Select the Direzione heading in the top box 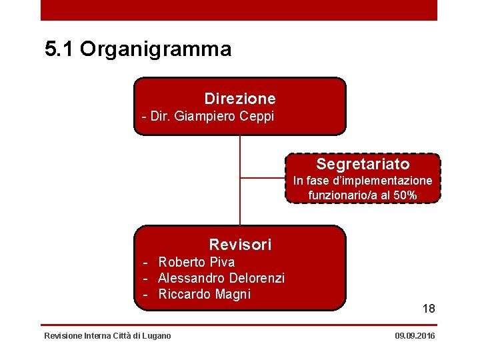(x=240, y=99)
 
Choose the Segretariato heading (x=363, y=164)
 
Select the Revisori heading (x=240, y=245)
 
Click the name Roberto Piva (x=196, y=262)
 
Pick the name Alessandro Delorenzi (x=221, y=278)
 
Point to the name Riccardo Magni (x=204, y=294)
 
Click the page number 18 (x=428, y=309)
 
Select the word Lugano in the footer (x=157, y=335)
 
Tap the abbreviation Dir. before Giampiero (x=160, y=117)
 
